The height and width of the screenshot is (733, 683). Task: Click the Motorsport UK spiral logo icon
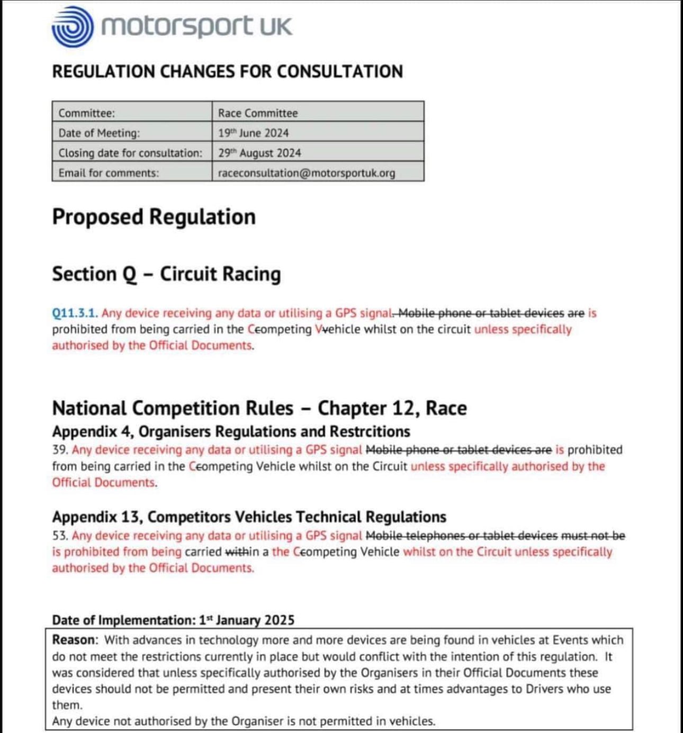coord(73,26)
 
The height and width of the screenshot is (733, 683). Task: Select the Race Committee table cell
coord(258,113)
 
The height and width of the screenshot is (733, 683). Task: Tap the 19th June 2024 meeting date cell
coord(253,133)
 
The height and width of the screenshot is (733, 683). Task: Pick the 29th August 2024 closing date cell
coord(259,153)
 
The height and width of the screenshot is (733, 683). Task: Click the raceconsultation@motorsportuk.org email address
coord(306,173)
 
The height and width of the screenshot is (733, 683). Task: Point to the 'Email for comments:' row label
coord(109,173)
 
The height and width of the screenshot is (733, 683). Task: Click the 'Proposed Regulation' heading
coord(154,217)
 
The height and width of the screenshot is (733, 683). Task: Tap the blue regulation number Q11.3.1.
coord(75,313)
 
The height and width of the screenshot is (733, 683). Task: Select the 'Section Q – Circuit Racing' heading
coord(166,274)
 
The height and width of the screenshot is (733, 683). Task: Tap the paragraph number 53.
coord(60,536)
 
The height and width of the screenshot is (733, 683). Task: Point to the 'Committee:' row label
coord(87,113)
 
